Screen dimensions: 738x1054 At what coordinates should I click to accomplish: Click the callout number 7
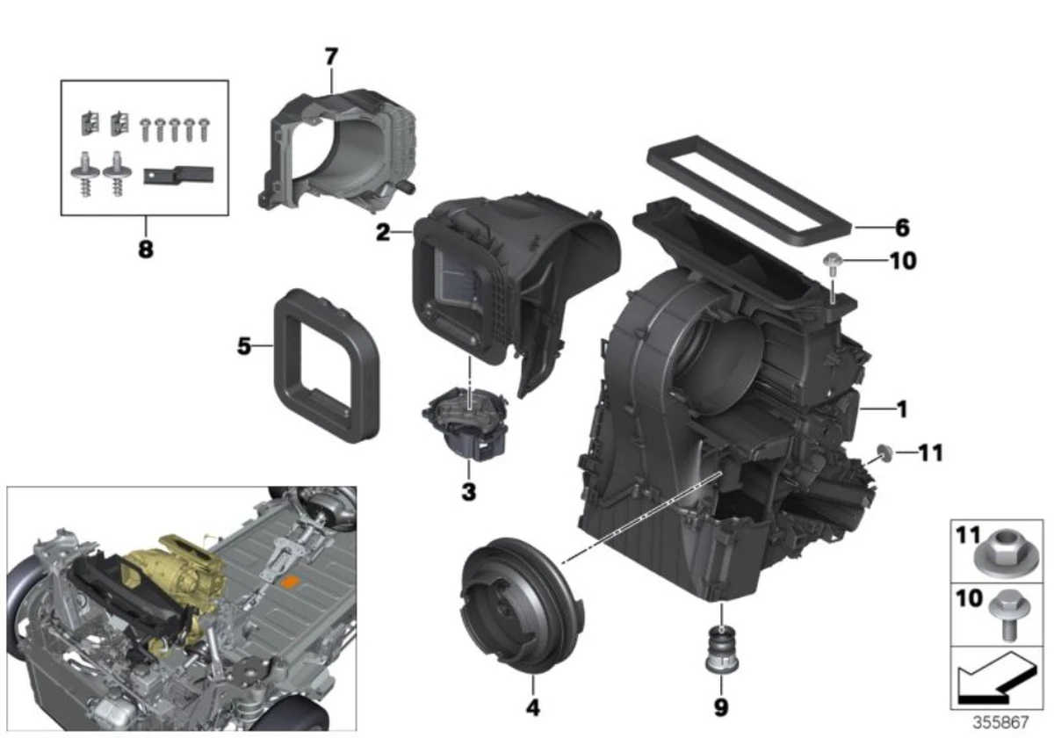tap(330, 57)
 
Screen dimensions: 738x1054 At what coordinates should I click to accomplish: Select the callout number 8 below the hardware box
tap(145, 249)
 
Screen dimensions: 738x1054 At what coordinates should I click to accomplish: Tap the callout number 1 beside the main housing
tap(902, 409)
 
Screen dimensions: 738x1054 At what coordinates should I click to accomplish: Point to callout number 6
tap(902, 228)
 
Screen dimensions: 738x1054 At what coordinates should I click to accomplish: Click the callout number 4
tap(531, 706)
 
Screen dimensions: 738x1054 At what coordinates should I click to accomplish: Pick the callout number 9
tap(721, 706)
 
